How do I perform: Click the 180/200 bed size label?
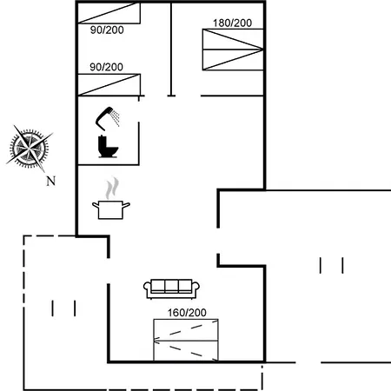(232, 23)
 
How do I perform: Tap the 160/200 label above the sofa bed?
(187, 313)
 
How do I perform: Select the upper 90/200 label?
(107, 30)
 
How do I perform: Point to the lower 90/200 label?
(106, 67)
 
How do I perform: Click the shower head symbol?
(104, 118)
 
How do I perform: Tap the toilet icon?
(108, 147)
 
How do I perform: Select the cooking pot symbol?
(111, 209)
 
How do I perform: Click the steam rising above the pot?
(112, 189)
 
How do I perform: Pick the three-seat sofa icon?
(171, 289)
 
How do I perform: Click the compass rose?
(29, 149)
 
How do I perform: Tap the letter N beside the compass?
(50, 181)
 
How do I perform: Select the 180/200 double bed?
(233, 50)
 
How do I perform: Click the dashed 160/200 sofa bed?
(186, 341)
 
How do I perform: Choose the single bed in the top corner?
(109, 13)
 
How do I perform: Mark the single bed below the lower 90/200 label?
(109, 84)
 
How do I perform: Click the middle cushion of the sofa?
(171, 286)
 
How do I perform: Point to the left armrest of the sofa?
(147, 288)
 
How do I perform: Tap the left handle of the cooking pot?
(96, 205)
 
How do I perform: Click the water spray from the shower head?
(116, 118)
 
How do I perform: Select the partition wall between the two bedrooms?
(171, 49)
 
